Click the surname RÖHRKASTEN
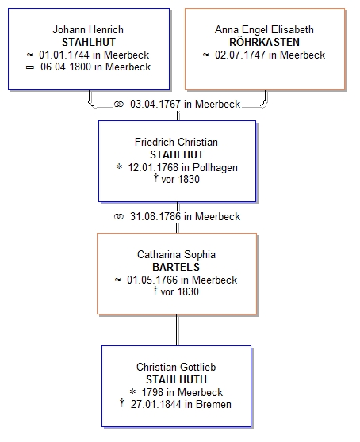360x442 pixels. click(264, 42)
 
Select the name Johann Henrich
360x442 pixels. click(88, 29)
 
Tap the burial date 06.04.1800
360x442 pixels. click(66, 67)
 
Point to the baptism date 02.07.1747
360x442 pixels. click(240, 55)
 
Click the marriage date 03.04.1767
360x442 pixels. click(155, 104)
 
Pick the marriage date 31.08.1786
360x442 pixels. click(155, 216)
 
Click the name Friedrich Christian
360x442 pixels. click(176, 142)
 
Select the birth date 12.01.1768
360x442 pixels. click(153, 167)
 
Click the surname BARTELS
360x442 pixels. click(176, 267)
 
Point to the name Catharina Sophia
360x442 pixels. click(176, 254)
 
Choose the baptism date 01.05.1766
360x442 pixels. click(152, 280)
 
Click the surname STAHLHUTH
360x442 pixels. click(176, 379)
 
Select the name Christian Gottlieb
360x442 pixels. click(176, 367)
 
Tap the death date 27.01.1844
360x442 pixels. click(155, 404)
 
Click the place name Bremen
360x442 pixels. click(213, 404)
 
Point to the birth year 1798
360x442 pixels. click(152, 392)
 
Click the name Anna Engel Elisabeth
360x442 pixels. click(264, 29)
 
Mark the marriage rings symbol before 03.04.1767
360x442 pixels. click(119, 105)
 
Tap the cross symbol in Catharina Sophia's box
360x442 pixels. click(155, 291)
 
